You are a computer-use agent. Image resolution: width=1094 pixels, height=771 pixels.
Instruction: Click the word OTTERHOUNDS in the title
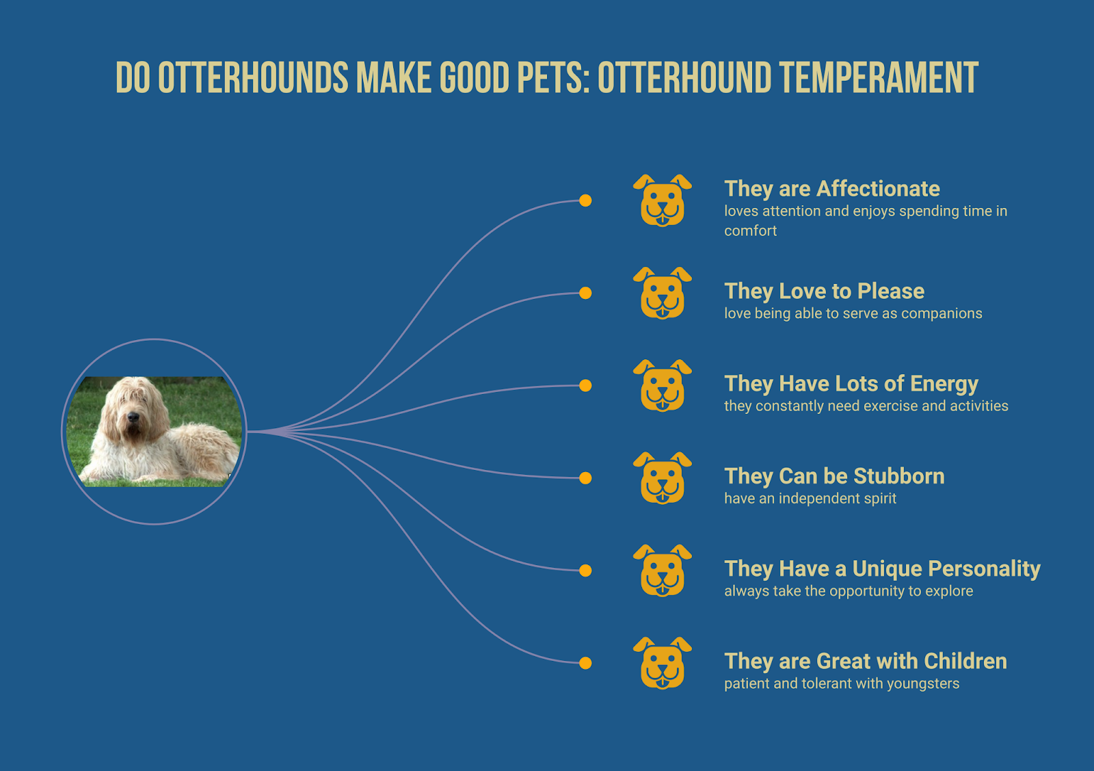pyautogui.click(x=253, y=77)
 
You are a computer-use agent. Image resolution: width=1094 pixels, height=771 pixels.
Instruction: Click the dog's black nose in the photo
pyautogui.click(x=133, y=417)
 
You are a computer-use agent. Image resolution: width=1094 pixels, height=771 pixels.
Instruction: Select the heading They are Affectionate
pyautogui.click(x=831, y=189)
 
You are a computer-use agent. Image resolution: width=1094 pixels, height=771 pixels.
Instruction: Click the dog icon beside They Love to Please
pyautogui.click(x=663, y=293)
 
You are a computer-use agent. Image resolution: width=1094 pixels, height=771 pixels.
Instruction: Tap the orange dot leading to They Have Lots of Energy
pyautogui.click(x=585, y=386)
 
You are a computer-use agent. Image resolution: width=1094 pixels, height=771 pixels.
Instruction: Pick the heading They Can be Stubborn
pyautogui.click(x=834, y=476)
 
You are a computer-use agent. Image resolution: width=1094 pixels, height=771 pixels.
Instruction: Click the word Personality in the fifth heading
pyautogui.click(x=984, y=569)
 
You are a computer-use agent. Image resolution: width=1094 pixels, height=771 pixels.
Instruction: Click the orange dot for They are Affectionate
pyautogui.click(x=585, y=200)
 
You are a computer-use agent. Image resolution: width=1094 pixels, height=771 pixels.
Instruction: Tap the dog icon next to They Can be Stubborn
pyautogui.click(x=663, y=478)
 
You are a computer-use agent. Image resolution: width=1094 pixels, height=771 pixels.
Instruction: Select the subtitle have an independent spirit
pyautogui.click(x=810, y=498)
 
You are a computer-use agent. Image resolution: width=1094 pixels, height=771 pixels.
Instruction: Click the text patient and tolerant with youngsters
pyautogui.click(x=842, y=683)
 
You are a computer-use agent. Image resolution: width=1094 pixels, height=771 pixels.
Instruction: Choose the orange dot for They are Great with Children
pyautogui.click(x=585, y=663)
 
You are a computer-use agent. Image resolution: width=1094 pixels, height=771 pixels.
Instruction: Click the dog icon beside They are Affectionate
pyautogui.click(x=663, y=200)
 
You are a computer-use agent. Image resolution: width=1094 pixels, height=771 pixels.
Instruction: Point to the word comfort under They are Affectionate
pyautogui.click(x=750, y=231)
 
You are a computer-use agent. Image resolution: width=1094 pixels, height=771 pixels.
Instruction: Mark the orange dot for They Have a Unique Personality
pyautogui.click(x=585, y=571)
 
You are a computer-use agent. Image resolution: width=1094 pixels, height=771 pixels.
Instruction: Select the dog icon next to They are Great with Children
pyautogui.click(x=663, y=663)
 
